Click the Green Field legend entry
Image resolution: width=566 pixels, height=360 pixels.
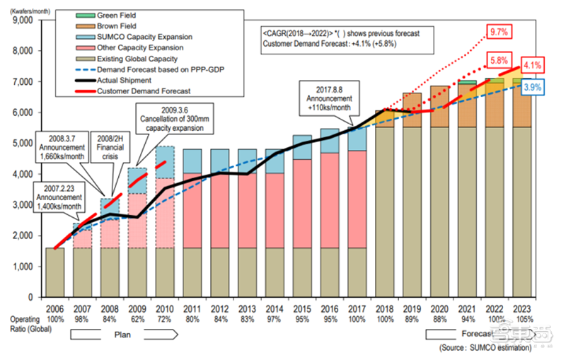(x=117, y=15)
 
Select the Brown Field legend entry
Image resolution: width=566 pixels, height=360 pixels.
(x=117, y=25)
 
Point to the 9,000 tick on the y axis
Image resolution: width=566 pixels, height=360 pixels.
(x=28, y=21)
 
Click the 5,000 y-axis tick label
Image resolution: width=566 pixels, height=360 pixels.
(x=28, y=144)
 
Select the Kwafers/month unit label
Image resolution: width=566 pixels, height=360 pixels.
(x=25, y=10)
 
